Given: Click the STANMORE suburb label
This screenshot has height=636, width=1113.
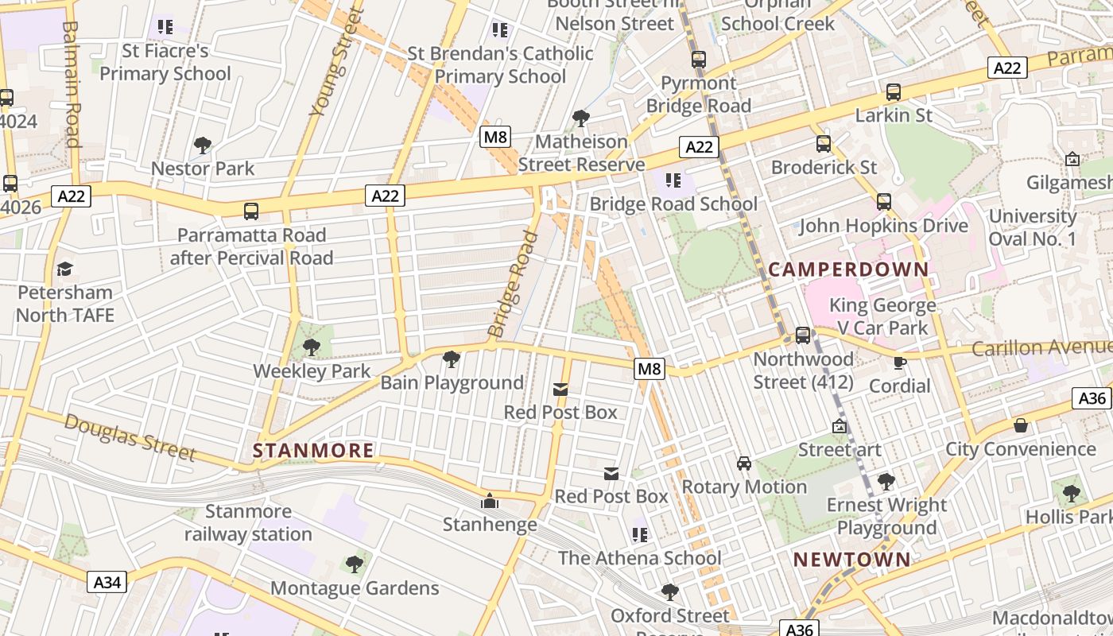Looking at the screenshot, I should [313, 451].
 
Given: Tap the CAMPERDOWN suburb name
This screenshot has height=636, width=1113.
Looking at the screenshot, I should [848, 269].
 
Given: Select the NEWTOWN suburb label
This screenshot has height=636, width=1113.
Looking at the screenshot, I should [852, 559].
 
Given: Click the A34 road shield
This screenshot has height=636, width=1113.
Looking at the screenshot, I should [107, 582].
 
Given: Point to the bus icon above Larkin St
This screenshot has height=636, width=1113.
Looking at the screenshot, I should [894, 92].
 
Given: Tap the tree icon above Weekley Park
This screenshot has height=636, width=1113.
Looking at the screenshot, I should [312, 347].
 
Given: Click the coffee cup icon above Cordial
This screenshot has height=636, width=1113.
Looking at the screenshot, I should [900, 363].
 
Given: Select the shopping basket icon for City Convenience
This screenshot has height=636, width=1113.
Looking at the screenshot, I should [1021, 425].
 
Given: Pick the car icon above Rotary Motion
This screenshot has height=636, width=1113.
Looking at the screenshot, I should [744, 463].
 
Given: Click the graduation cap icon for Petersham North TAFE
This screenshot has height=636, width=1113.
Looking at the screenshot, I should [65, 269].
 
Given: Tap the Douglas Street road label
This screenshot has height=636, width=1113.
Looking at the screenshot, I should [130, 436].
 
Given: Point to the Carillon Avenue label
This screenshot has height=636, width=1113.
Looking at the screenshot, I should [1041, 347].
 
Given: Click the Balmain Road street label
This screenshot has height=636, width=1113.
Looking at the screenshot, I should [72, 83].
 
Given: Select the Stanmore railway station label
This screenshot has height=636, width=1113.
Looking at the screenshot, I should [248, 522].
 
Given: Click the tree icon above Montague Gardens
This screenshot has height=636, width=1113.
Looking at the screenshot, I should [355, 564].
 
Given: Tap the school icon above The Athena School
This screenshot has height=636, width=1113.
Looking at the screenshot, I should [640, 534].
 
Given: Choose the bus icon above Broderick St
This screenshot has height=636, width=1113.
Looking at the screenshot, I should [824, 144].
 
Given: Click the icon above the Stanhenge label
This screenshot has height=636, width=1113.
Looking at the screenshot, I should [490, 502].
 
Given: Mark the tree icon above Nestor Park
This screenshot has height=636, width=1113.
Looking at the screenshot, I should [203, 145].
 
